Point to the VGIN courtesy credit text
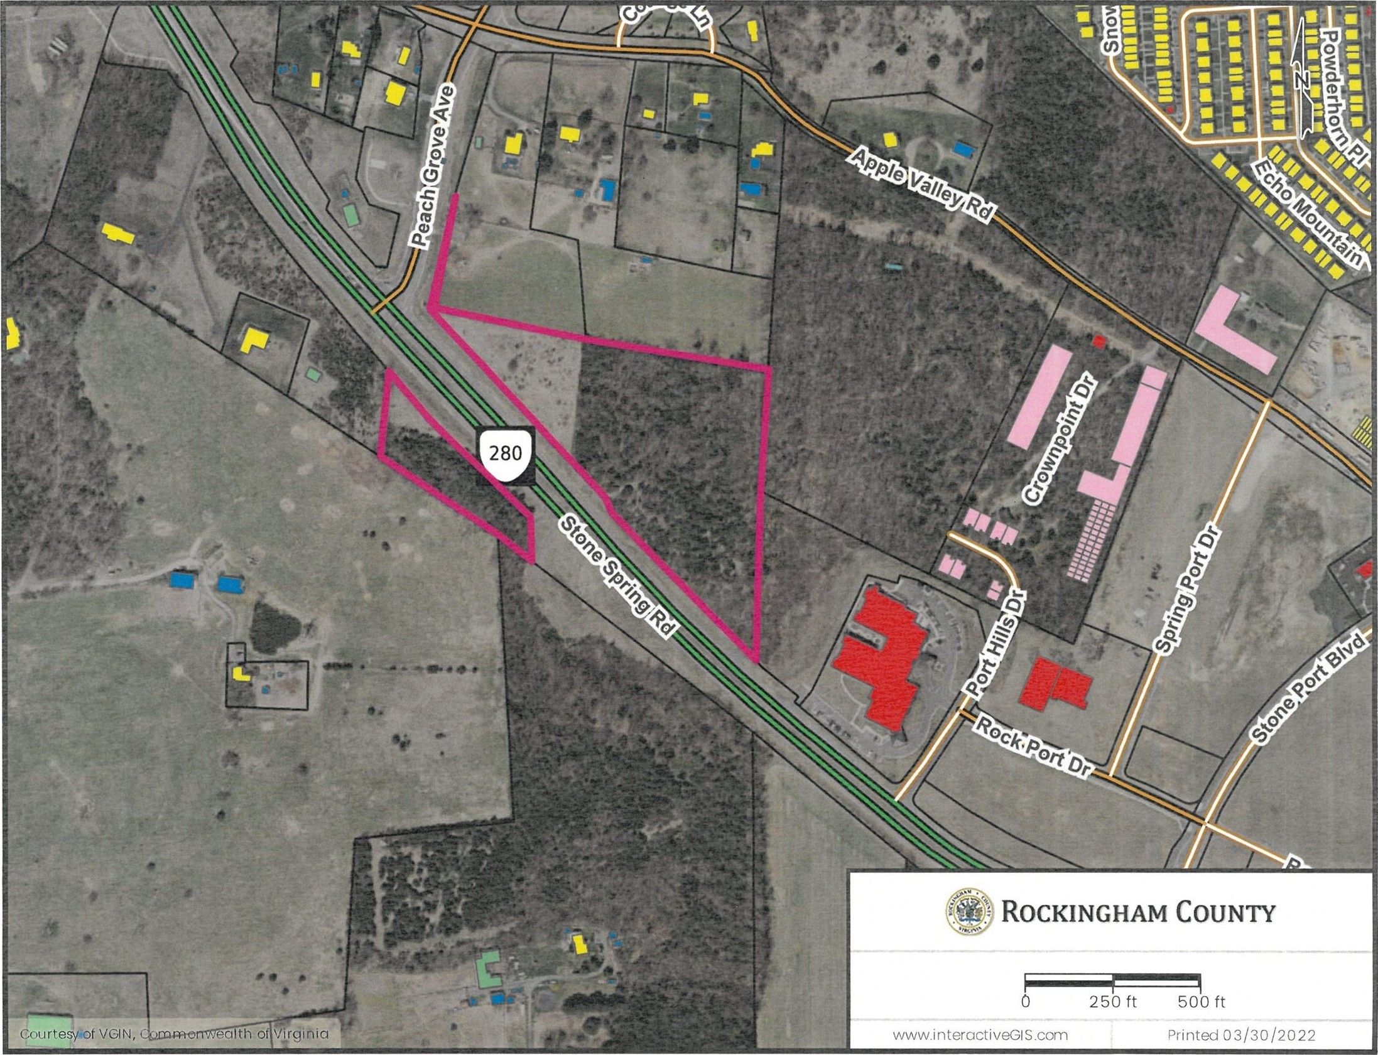pyautogui.click(x=175, y=1034)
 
